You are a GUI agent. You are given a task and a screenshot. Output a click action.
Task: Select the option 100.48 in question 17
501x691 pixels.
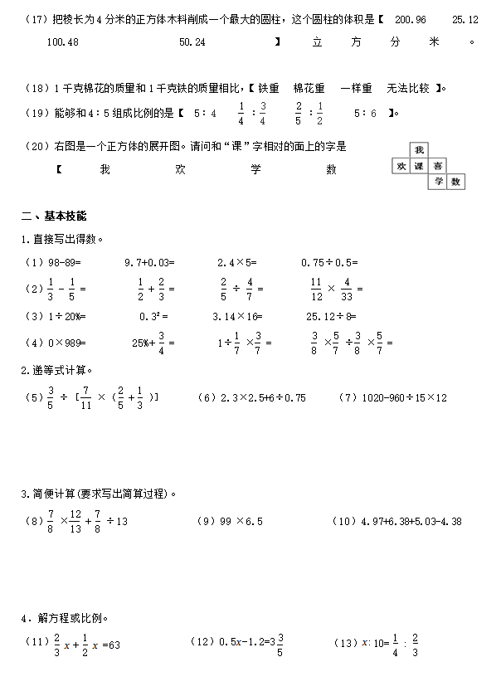[63, 41]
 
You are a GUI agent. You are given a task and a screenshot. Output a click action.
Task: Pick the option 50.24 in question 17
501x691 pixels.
[192, 41]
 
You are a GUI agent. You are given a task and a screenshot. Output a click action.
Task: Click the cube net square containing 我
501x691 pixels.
[420, 150]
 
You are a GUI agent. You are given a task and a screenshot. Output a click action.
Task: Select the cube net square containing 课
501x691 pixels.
[420, 166]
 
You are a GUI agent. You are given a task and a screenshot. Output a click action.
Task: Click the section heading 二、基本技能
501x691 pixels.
[53, 217]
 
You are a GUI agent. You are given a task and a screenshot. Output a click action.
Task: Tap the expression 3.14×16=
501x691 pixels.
[237, 316]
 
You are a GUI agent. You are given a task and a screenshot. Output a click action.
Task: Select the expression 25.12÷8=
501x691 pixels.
[330, 316]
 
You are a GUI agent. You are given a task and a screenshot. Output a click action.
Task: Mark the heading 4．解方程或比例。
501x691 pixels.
[65, 618]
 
